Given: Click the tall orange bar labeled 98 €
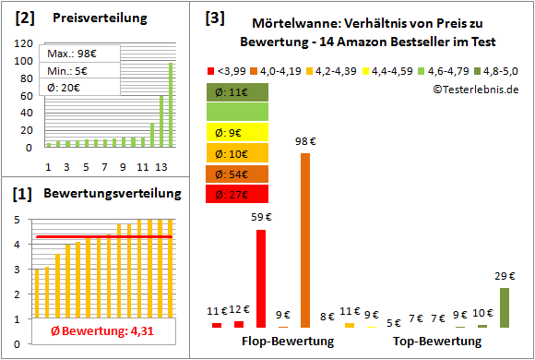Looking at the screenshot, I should coord(305,240).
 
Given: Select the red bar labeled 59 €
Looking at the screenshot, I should coord(261,278).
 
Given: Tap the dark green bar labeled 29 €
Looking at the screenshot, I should coord(504,307).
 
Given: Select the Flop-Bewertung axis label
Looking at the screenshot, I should coord(288,342).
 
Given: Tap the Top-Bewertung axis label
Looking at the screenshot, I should coord(437,342).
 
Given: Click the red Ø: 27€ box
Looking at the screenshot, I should coord(238,194).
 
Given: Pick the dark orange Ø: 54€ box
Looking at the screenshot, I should coord(238,174).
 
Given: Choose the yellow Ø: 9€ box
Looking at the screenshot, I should coord(238,132).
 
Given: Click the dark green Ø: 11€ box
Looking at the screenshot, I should coord(238,91).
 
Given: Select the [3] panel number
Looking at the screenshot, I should coord(215,17).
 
